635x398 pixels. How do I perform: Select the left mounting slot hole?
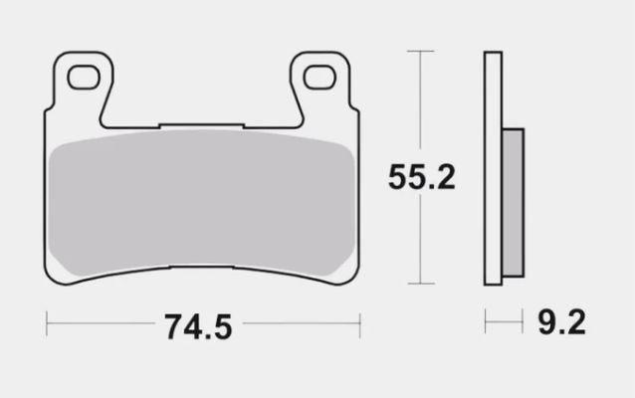(x=84, y=74)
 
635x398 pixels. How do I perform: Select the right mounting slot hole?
(x=320, y=74)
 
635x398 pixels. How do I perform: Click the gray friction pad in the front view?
(x=202, y=204)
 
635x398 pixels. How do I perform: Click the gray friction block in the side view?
(x=512, y=204)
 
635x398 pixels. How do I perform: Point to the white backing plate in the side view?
(x=491, y=169)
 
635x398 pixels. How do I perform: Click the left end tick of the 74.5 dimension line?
(x=47, y=323)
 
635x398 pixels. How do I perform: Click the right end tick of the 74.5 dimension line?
(x=359, y=323)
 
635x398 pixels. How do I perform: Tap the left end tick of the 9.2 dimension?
(x=486, y=322)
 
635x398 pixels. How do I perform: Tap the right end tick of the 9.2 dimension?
(x=523, y=322)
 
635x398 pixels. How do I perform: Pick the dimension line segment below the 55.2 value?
(x=421, y=244)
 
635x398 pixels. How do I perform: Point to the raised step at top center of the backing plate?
(x=202, y=124)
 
